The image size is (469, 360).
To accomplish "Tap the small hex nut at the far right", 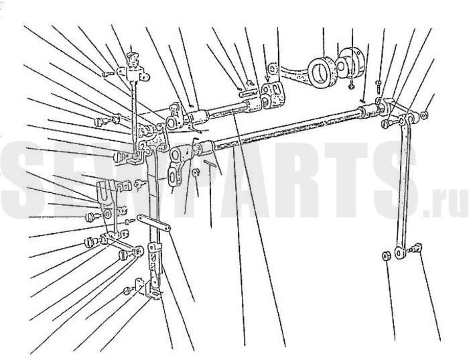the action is [424, 115].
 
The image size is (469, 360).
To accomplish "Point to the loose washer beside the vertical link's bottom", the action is [385, 256].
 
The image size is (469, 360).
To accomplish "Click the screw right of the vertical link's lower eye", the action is [416, 248].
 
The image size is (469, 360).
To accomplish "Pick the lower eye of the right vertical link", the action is [399, 252].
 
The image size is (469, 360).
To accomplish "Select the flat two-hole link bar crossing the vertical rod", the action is [153, 223].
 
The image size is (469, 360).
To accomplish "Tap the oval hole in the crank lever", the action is [173, 177].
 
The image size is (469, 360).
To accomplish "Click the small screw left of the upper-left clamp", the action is [108, 73].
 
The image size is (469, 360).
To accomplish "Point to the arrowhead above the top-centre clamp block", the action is [267, 80].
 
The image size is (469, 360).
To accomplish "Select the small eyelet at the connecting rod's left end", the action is [271, 68].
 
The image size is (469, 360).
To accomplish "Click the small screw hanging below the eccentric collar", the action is [351, 84].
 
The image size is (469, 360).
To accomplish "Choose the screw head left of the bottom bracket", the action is [127, 290].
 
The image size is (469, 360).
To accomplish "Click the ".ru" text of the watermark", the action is [446, 204].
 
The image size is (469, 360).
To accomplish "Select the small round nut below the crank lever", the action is [195, 172].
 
